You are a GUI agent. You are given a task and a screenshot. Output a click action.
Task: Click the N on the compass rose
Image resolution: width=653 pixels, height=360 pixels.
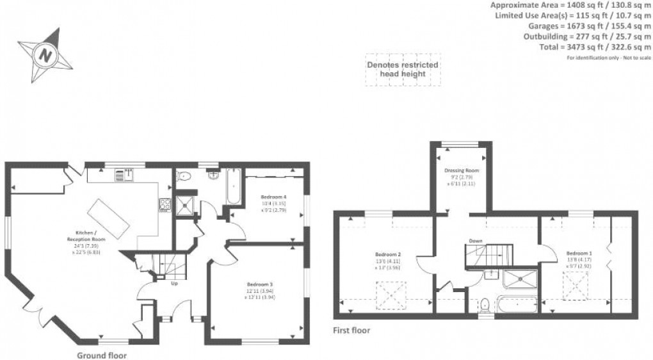tap(45, 54)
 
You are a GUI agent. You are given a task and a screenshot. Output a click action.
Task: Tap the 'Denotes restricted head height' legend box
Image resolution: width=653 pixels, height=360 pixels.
tap(402, 69)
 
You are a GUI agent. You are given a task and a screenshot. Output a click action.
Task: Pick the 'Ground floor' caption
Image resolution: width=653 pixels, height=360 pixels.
tap(102, 355)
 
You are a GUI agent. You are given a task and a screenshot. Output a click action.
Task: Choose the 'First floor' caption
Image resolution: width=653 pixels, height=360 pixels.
tap(351, 331)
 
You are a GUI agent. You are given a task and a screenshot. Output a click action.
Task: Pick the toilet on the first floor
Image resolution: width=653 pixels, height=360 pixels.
tap(486, 304)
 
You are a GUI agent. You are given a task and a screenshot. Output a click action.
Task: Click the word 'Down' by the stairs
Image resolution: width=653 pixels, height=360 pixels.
tap(475, 241)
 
